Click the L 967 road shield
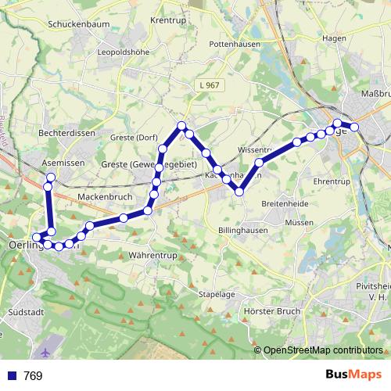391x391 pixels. [210, 85]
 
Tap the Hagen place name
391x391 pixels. [333, 38]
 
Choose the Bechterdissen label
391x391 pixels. [66, 134]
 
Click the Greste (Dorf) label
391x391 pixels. [134, 138]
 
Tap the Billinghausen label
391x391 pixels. [243, 231]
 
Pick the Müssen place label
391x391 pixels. [299, 222]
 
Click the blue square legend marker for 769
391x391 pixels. [12, 376]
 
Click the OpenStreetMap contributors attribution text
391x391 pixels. [323, 350]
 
